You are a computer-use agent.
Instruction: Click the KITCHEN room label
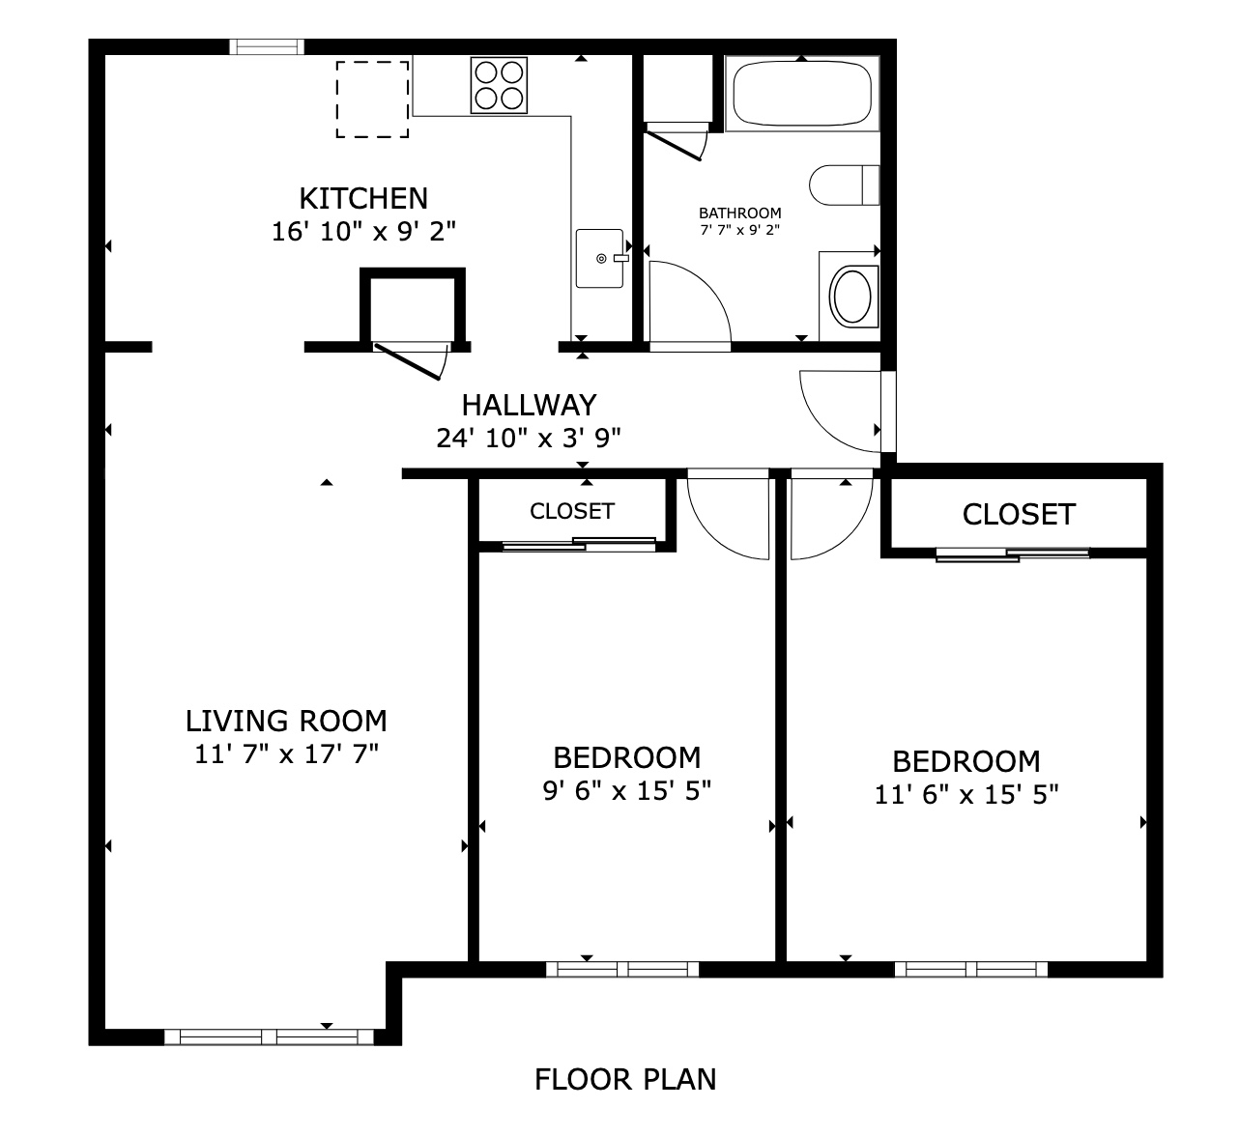pos(363,199)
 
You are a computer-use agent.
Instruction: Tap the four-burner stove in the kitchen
pos(499,85)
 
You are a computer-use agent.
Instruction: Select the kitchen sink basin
pos(600,258)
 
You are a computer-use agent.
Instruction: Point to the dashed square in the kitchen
pos(372,99)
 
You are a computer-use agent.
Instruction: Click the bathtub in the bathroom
pos(802,94)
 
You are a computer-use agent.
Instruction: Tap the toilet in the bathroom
pos(844,185)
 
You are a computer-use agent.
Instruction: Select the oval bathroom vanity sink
pos(852,297)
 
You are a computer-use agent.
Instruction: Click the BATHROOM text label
pos(740,213)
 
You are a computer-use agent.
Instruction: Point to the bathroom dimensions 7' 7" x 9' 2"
pos(740,230)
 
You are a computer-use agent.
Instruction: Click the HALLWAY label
pos(530,406)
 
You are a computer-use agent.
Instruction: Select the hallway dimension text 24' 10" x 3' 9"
pos(529,439)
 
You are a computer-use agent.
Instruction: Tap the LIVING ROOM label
pos(287,722)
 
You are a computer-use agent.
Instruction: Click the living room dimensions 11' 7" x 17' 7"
pos(287,754)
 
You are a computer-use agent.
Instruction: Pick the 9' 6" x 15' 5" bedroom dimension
pos(627,791)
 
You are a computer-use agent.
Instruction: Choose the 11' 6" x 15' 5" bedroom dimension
pos(966,795)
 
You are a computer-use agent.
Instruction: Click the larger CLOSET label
pos(1019,515)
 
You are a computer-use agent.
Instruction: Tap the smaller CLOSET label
pos(572,511)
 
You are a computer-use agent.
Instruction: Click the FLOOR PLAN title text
pos(625,1080)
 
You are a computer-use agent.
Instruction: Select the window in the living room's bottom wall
pos(269,1037)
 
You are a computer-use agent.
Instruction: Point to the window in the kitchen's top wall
pos(267,47)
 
